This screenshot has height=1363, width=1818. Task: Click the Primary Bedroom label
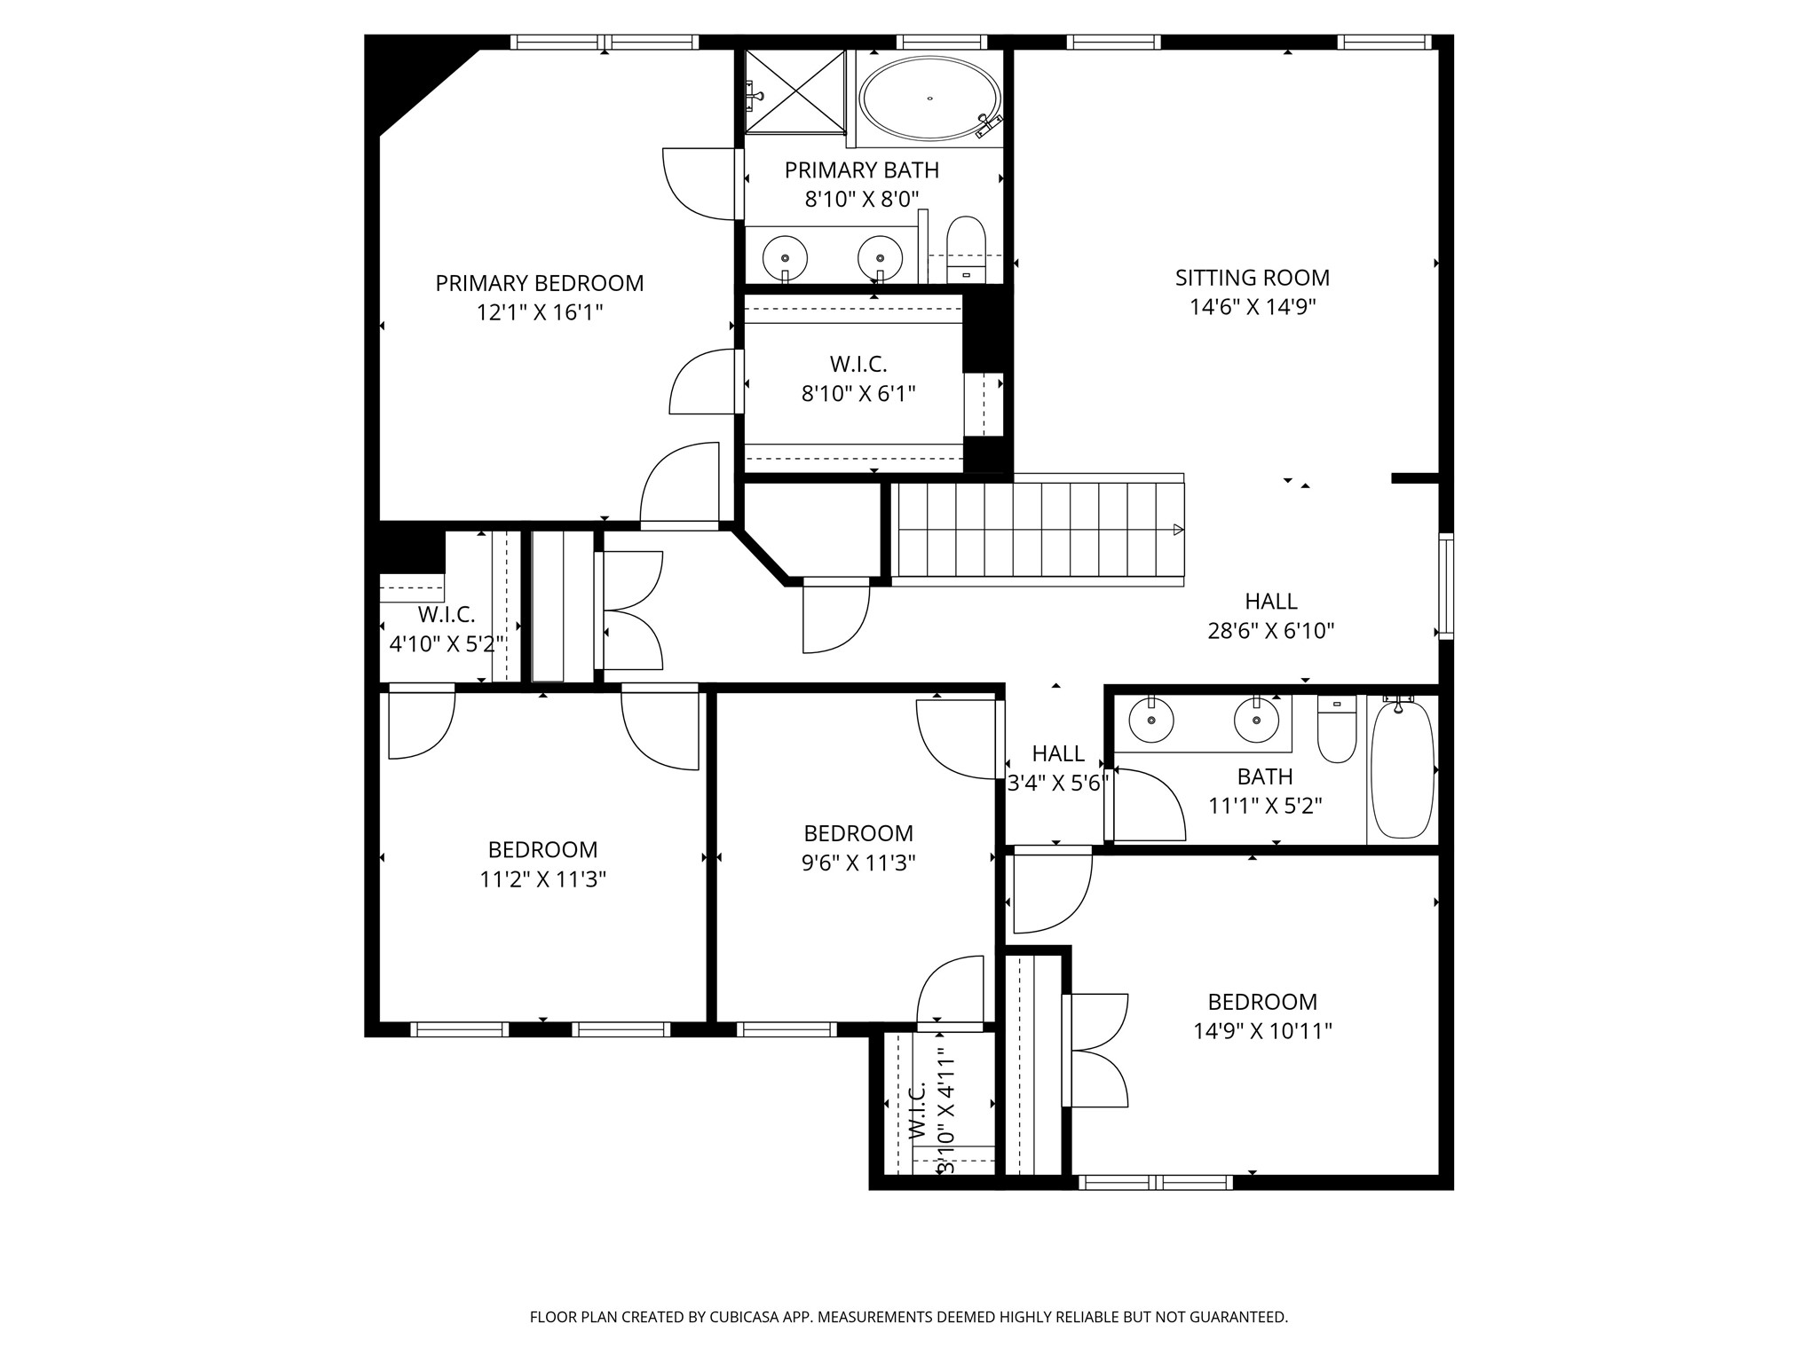540,283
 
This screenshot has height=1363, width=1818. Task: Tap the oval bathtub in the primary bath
931,98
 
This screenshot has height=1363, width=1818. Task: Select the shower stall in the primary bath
794,91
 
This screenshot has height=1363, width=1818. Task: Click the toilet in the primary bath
966,249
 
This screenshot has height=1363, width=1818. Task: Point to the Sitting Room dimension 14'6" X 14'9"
1253,307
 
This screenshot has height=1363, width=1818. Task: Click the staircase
1038,529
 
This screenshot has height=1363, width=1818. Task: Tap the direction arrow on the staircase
1178,530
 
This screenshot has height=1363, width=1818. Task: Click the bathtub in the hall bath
1402,768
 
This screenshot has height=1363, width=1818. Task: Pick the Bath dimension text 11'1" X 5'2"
1265,806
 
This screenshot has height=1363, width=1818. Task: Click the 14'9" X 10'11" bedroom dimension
1261,1031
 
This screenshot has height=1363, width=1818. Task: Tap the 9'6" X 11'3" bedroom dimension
858,863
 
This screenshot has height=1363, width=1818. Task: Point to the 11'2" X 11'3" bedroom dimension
542,879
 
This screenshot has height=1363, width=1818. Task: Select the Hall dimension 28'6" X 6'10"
1271,631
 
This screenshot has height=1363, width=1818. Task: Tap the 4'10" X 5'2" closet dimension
448,644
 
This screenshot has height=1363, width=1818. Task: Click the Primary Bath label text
861,169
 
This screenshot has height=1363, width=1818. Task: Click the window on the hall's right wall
1446,586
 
